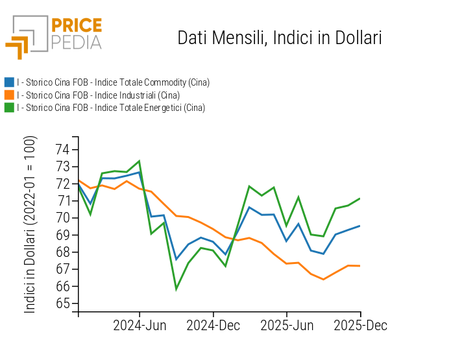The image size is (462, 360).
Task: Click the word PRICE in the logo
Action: tap(76, 26)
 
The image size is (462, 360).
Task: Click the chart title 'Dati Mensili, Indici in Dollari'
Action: tap(279, 38)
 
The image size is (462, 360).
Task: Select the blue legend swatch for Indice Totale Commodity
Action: tap(9, 82)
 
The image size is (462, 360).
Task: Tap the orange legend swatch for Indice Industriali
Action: tap(9, 95)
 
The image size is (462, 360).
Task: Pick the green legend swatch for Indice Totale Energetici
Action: tap(9, 108)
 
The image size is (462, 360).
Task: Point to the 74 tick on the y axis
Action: tap(63, 149)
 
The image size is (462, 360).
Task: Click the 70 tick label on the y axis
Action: tap(63, 218)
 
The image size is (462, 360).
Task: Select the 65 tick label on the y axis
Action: tap(63, 304)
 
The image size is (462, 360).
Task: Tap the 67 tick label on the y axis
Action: tap(63, 269)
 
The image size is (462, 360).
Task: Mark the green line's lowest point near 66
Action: tap(176, 289)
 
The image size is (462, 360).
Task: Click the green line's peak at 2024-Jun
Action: tap(140, 161)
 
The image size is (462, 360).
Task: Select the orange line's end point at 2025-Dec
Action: tap(360, 266)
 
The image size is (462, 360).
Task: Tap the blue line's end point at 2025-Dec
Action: tap(360, 226)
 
